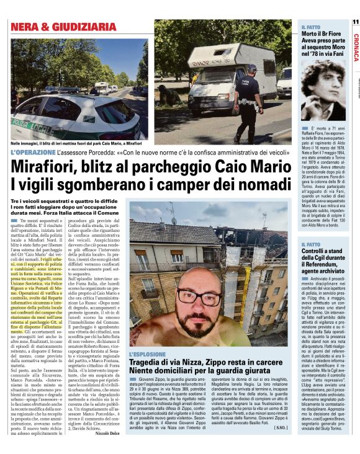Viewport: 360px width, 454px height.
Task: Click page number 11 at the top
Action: click(x=355, y=21)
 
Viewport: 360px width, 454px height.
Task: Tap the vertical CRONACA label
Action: click(x=355, y=46)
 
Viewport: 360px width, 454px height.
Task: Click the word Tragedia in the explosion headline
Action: click(x=150, y=363)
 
